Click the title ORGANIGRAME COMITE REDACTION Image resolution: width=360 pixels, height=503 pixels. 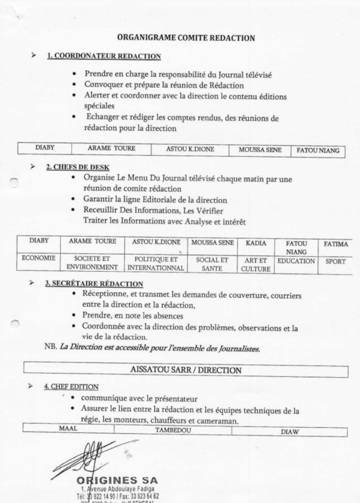pos(186,38)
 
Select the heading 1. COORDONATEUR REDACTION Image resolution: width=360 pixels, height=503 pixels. pos(104,56)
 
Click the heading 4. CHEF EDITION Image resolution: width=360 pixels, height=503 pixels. pos(72,387)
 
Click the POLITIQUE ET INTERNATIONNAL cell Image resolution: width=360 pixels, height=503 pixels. pos(157,262)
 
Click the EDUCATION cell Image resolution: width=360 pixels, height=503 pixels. pos(296,261)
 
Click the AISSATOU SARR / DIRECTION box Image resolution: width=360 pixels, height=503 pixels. pos(186,370)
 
